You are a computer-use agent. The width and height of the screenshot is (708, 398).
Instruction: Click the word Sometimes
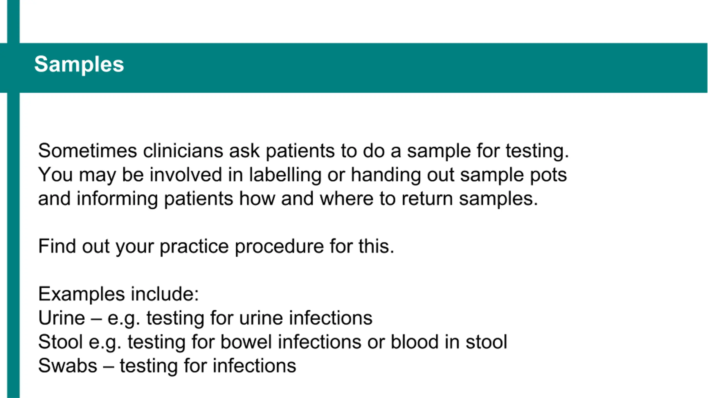click(88, 151)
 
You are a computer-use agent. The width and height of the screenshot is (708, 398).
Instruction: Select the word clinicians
click(183, 151)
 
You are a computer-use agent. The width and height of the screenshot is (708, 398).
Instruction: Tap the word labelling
click(285, 175)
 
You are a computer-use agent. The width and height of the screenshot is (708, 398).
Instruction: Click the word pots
click(548, 175)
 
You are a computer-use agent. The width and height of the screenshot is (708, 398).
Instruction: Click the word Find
click(57, 246)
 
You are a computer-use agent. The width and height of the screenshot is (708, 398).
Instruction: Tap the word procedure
click(279, 246)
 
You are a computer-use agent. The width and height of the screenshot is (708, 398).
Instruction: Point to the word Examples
click(82, 294)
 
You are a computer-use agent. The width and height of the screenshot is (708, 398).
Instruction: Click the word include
click(165, 294)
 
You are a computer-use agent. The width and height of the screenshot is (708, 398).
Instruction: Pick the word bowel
click(246, 342)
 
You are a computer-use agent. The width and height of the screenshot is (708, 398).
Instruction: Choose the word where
click(347, 199)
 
